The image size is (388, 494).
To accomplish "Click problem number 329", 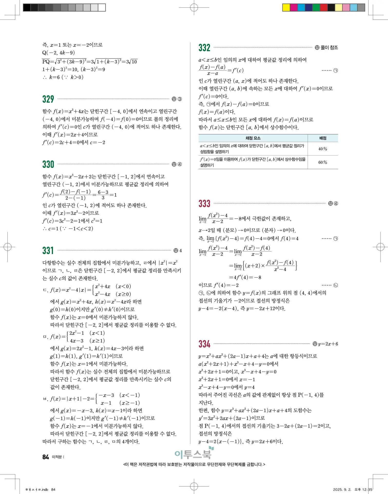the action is [48, 99].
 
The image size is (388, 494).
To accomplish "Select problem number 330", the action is [48, 164].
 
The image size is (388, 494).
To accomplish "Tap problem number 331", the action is [48, 250].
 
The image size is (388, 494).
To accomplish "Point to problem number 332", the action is [204, 48].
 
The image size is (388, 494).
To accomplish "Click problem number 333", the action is [204, 204].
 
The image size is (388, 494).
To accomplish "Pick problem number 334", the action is [204, 344].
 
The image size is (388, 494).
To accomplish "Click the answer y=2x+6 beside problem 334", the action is [328, 344].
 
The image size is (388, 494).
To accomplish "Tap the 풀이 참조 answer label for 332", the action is [329, 47].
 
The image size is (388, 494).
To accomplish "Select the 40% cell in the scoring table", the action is [323, 149].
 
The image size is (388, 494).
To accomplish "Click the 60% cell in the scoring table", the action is [323, 162].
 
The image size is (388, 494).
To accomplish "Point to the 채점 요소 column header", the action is [253, 138].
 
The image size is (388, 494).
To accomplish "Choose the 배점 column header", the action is [323, 138].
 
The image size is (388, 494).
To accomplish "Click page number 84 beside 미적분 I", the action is [46, 457].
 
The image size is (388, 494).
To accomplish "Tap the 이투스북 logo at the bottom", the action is [194, 454].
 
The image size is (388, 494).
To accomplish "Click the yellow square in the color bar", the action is [286, 8].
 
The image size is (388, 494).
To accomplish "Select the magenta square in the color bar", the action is [294, 8].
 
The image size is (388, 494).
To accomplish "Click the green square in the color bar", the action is [316, 8].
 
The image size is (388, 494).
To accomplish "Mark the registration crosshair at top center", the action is [194, 8].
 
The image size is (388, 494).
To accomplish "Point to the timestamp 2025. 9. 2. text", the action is [342, 489].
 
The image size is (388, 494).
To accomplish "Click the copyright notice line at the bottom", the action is [194, 464].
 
